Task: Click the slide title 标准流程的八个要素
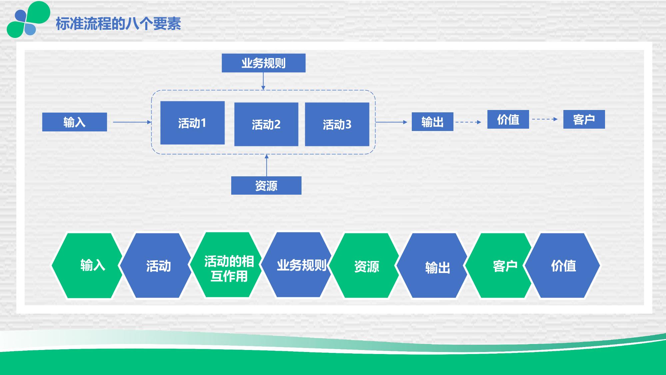click(118, 24)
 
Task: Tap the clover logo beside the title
click(28, 19)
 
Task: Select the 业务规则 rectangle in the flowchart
click(264, 63)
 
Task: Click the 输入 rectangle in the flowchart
click(74, 122)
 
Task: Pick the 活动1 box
click(192, 123)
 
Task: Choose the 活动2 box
click(266, 124)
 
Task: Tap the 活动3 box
click(337, 124)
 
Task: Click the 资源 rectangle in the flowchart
click(266, 185)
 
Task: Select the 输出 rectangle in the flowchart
click(432, 122)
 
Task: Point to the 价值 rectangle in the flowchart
click(508, 119)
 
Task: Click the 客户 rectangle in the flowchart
click(584, 119)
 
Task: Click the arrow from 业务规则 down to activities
click(263, 81)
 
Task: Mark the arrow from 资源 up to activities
click(266, 165)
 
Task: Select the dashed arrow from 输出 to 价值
click(468, 122)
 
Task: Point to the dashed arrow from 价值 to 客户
click(545, 119)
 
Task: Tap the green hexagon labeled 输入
click(87, 265)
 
